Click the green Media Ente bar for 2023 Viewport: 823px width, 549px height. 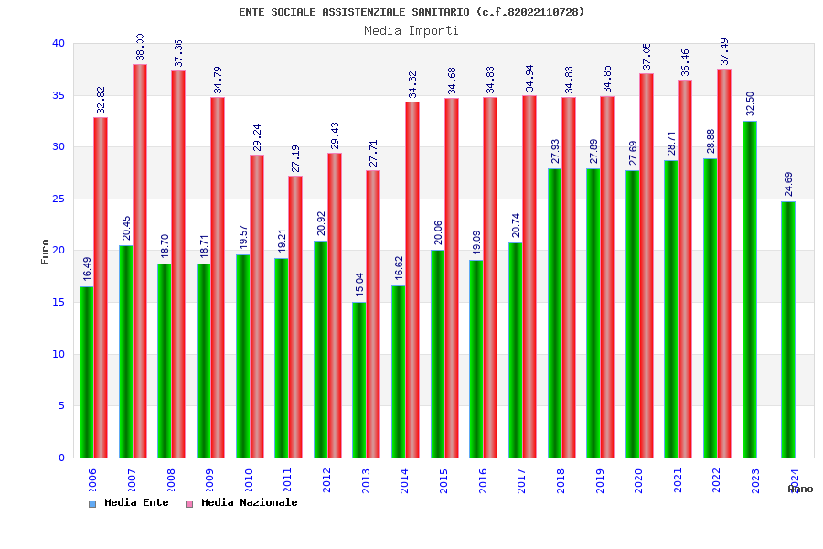pyautogui.click(x=750, y=289)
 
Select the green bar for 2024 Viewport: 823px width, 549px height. pyautogui.click(x=788, y=329)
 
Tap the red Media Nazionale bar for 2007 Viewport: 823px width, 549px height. pyautogui.click(x=140, y=261)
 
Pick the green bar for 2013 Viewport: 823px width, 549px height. pyautogui.click(x=359, y=380)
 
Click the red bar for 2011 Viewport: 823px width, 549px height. pyautogui.click(x=295, y=317)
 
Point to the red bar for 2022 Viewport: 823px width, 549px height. pyautogui.click(x=724, y=264)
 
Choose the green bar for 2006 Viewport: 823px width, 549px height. pyautogui.click(x=86, y=371)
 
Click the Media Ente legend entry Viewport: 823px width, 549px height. pyautogui.click(x=129, y=503)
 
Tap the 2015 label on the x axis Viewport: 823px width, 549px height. pyautogui.click(x=444, y=480)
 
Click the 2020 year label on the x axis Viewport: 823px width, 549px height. pyautogui.click(x=638, y=480)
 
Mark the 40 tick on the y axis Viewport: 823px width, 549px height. pyautogui.click(x=59, y=43)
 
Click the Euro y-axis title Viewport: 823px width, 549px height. pyautogui.click(x=46, y=252)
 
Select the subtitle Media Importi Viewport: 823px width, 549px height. pyautogui.click(x=411, y=30)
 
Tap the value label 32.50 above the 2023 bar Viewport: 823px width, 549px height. pyautogui.click(x=751, y=103)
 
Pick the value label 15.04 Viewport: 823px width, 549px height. pyautogui.click(x=360, y=285)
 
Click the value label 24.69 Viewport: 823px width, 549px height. pyautogui.click(x=789, y=184)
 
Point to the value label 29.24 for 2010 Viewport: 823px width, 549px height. pyautogui.click(x=257, y=137)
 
